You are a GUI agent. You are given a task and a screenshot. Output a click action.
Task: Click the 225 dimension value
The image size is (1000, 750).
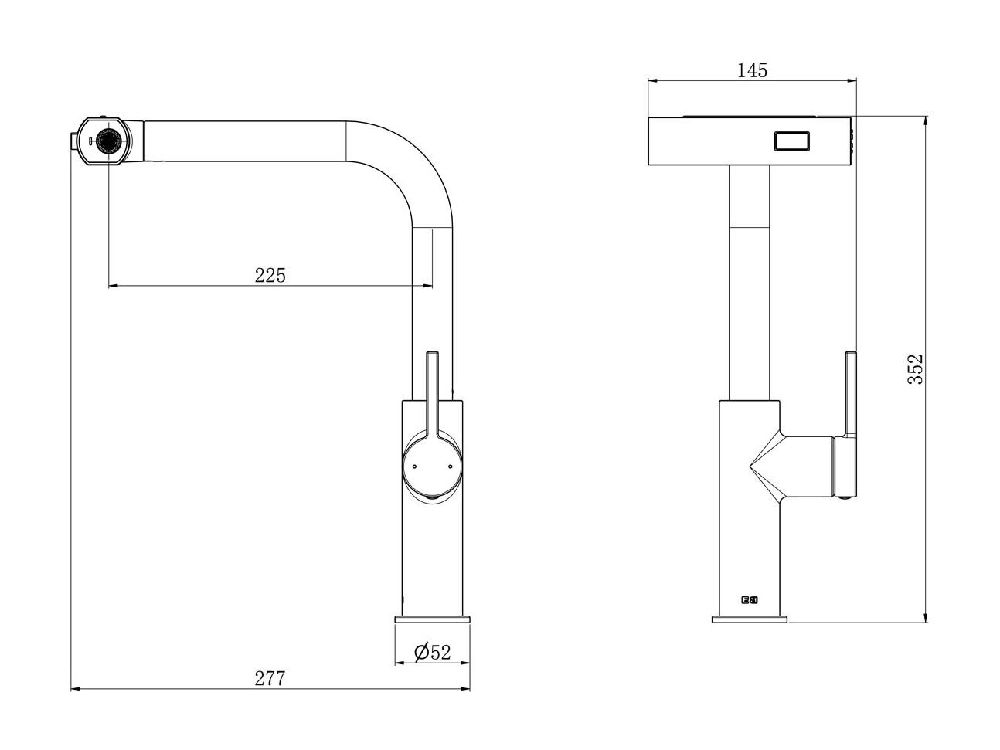(x=270, y=276)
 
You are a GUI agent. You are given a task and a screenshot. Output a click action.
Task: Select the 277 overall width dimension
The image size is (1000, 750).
(x=270, y=678)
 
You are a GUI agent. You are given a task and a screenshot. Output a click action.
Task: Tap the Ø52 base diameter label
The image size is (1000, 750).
(x=432, y=652)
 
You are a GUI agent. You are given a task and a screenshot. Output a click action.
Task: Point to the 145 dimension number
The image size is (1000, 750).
(x=752, y=70)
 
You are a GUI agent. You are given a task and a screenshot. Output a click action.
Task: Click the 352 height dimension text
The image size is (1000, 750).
(x=915, y=369)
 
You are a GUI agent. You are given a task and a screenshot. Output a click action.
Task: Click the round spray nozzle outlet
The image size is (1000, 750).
(x=108, y=141)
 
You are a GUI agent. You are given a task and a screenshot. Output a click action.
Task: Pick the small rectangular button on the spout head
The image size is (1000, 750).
(x=792, y=141)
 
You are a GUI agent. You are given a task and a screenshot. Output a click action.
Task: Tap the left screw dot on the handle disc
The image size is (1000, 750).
(x=414, y=467)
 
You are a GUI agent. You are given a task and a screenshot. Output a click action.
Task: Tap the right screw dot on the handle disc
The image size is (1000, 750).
(x=451, y=467)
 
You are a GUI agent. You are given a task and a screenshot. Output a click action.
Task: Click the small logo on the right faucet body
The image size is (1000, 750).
(x=750, y=600)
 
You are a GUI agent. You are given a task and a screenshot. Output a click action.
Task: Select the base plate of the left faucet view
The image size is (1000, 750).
(x=432, y=619)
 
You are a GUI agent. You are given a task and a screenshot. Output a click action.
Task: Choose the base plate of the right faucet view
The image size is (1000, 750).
(x=750, y=619)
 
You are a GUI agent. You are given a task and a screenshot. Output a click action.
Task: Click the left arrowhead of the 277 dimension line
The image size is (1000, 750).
(x=76, y=689)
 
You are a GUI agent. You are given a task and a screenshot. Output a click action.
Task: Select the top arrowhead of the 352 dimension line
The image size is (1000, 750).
(x=925, y=121)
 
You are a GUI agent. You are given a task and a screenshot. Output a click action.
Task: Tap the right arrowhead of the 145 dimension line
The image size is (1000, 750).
(x=852, y=81)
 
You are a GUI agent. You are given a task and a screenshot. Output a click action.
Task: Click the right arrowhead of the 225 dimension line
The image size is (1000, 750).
(x=427, y=286)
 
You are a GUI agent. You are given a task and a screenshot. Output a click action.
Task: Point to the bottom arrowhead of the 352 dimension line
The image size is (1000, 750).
(x=925, y=617)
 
